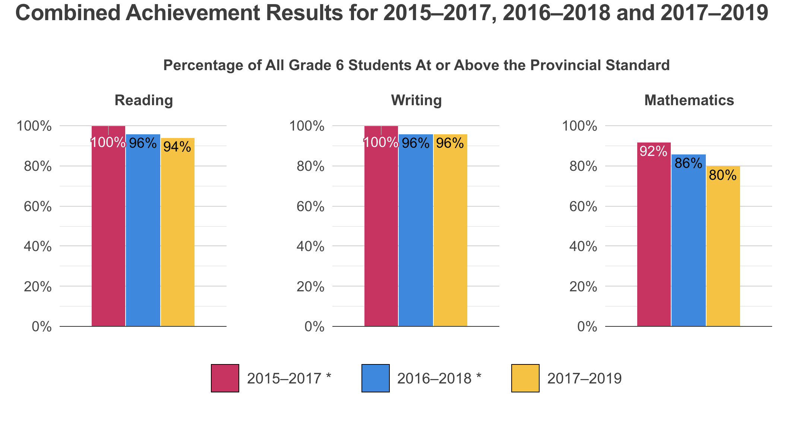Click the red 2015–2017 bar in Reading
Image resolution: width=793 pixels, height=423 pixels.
coord(108,231)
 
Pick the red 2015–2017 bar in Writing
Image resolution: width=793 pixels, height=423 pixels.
coord(381,231)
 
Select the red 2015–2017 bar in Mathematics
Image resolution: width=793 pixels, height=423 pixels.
coord(654,239)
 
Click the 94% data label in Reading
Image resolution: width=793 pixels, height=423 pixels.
coord(177,147)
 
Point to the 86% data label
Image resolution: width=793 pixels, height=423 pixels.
coord(688,163)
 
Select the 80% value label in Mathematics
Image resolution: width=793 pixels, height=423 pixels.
coord(723,175)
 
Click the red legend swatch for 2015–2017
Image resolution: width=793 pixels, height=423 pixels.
coord(225,378)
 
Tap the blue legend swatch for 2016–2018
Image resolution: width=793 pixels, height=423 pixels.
coord(376,378)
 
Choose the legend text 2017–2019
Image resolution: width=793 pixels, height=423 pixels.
coord(584,379)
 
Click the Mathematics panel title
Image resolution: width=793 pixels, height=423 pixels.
coord(689,100)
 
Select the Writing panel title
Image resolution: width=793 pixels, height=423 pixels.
coord(416,100)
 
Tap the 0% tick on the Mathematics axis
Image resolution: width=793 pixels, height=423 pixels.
coord(587,327)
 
